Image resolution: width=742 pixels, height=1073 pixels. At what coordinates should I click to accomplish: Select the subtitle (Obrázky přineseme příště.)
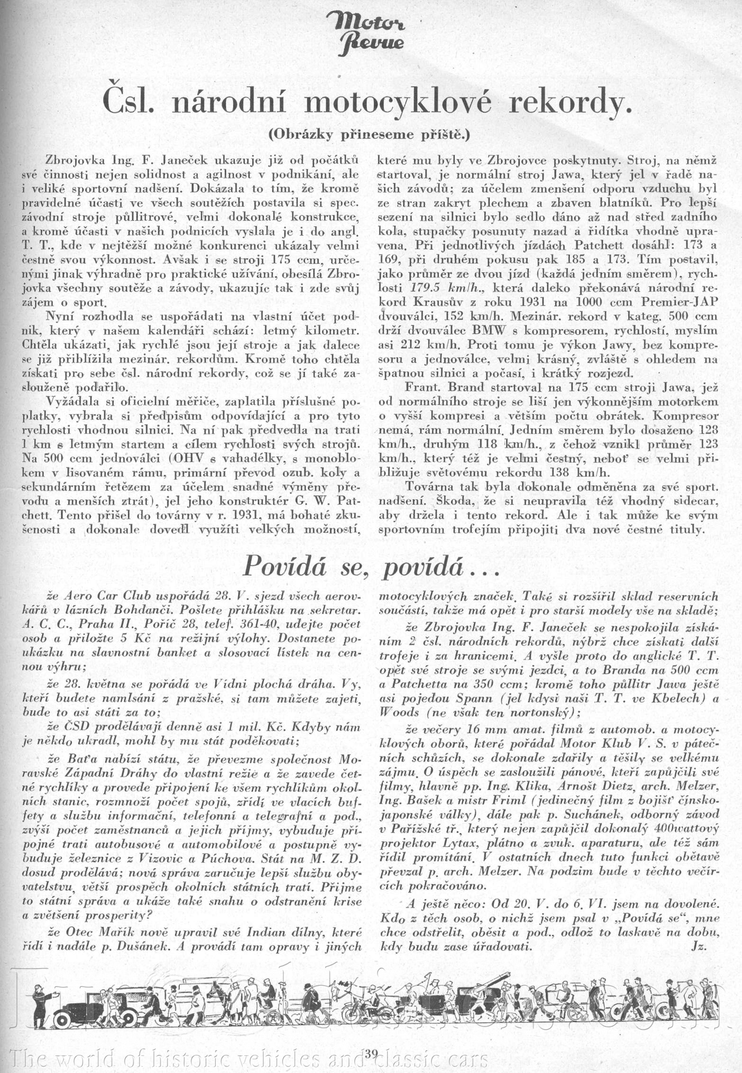[369, 135]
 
